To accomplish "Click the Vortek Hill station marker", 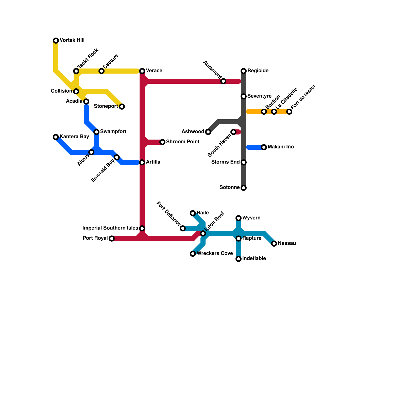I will tap(56, 41).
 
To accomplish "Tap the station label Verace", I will tap(154, 71).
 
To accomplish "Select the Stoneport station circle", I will tap(122, 107).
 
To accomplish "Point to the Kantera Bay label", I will tap(74, 137).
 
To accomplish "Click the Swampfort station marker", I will tap(96, 132).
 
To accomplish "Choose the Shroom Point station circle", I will tap(162, 142).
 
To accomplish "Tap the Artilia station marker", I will tap(142, 162).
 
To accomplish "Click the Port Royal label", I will tap(95, 238).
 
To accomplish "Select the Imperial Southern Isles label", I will tap(110, 228).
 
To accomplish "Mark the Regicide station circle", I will tap(244, 71).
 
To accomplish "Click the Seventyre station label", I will tap(259, 96).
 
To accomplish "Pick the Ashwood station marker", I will tap(208, 132).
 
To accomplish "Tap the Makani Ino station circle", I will tap(264, 147).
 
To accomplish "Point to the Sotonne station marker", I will tap(244, 188).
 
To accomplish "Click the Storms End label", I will tap(226, 162).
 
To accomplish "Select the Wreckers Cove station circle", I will tap(193, 254).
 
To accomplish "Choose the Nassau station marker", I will tap(274, 244).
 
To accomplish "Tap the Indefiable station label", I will tap(254, 259).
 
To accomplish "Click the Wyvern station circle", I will tap(239, 218).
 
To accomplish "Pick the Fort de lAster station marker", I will tap(289, 112).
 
